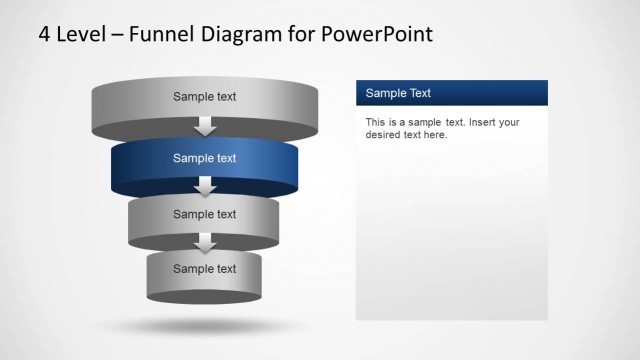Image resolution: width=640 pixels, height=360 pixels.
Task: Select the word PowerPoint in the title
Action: pyautogui.click(x=379, y=34)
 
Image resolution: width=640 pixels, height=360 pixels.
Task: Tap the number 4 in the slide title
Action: pyautogui.click(x=45, y=34)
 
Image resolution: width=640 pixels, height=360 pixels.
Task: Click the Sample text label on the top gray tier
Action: pyautogui.click(x=204, y=97)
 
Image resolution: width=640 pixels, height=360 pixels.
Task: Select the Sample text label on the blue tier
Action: pyautogui.click(x=204, y=158)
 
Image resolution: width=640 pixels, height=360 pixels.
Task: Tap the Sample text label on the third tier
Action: pyautogui.click(x=204, y=214)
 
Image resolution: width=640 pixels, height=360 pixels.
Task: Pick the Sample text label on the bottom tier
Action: pyautogui.click(x=204, y=268)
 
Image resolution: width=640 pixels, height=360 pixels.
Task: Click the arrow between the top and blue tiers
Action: pyautogui.click(x=205, y=127)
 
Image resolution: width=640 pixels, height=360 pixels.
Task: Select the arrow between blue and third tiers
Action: pyautogui.click(x=205, y=187)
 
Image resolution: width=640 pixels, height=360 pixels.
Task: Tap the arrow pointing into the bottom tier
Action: pyautogui.click(x=205, y=243)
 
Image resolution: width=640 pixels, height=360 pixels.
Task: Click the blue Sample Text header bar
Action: pyautogui.click(x=451, y=93)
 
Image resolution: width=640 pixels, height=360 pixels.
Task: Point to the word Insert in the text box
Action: pyautogui.click(x=483, y=123)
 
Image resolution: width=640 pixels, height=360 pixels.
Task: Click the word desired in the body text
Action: pyautogui.click(x=384, y=135)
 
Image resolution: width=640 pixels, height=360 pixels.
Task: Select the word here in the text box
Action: pyautogui.click(x=435, y=135)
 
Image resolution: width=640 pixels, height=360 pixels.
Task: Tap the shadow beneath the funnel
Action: pyautogui.click(x=204, y=326)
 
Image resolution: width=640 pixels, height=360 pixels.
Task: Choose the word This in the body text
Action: pyautogui.click(x=376, y=123)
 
